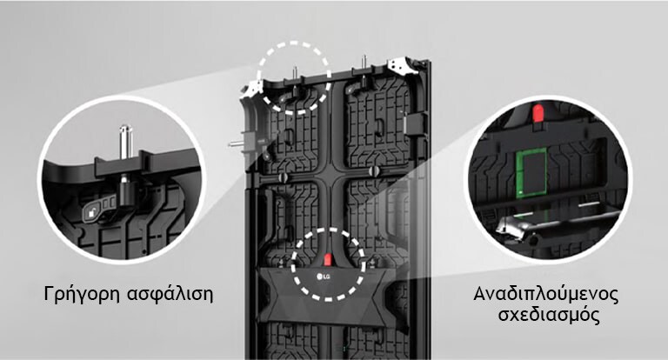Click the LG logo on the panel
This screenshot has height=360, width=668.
[328, 277]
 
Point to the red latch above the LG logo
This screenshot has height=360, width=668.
[328, 258]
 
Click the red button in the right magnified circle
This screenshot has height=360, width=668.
[538, 112]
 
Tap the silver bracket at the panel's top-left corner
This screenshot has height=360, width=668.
[255, 86]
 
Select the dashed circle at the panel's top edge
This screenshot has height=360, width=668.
[296, 41]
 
